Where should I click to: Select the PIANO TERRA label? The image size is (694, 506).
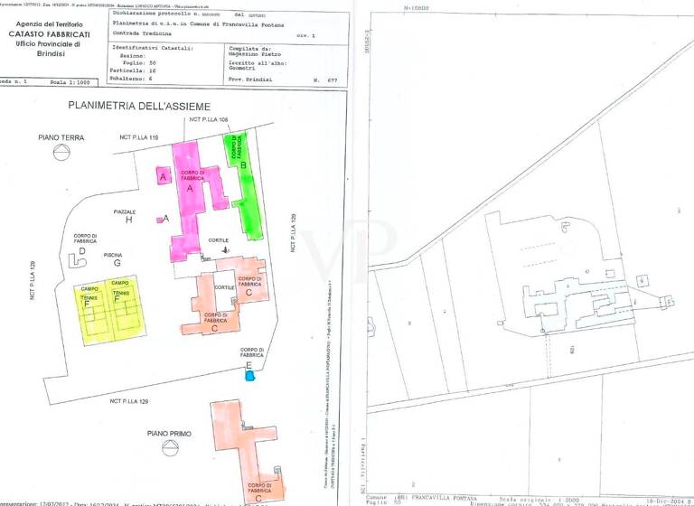point(61,137)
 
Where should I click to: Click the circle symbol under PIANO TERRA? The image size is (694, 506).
point(61,152)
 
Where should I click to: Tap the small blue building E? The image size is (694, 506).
point(250,376)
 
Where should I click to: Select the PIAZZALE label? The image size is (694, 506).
point(125,211)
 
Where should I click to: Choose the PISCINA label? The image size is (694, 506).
point(113,255)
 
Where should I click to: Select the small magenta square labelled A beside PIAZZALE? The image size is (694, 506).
point(159,219)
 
